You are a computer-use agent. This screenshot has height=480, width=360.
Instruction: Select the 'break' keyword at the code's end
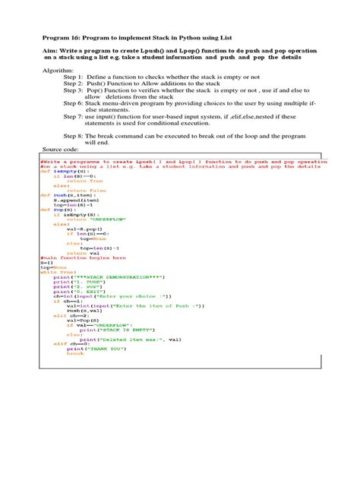tap(75, 353)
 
